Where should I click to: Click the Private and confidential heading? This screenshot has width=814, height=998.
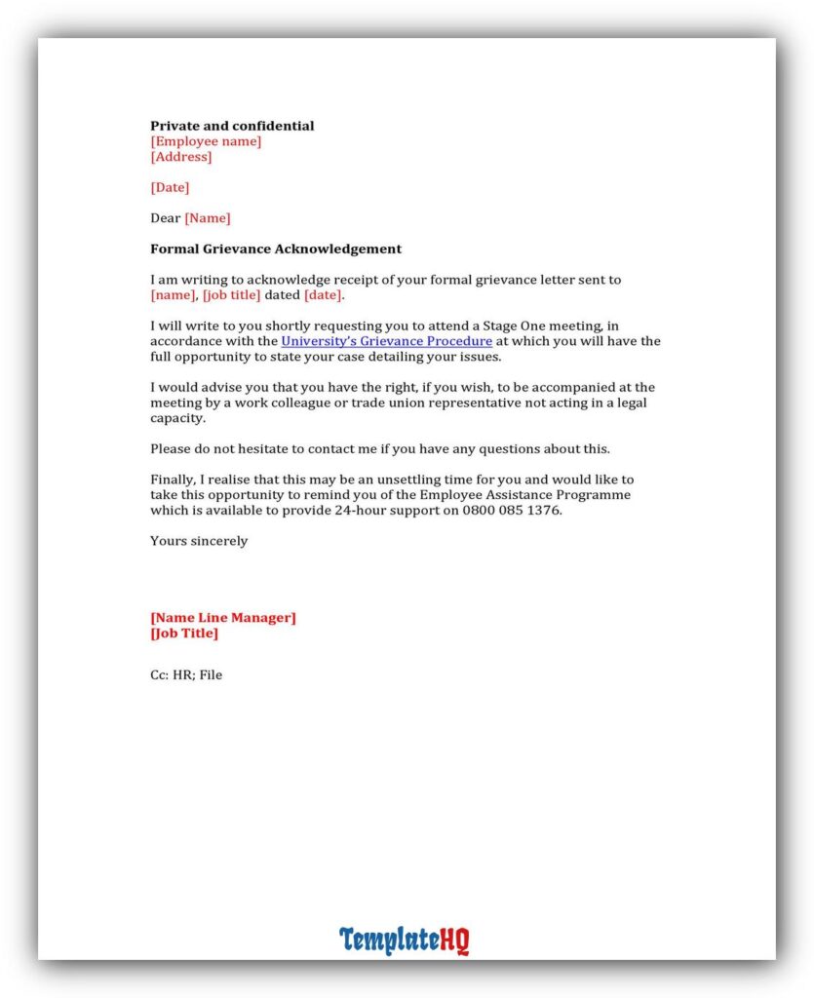point(232,126)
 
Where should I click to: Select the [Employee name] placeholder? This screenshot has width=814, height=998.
point(206,141)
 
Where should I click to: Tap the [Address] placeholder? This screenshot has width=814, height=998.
point(180,157)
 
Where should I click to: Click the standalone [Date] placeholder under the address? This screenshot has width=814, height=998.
point(170,187)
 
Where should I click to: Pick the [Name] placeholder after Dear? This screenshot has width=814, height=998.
point(208,218)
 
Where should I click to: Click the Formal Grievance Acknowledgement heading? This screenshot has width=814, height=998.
point(276,249)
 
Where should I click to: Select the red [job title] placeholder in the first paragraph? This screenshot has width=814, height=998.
point(231,295)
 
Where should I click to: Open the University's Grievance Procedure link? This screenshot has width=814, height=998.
point(386,341)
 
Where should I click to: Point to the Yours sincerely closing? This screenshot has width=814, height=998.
point(199,541)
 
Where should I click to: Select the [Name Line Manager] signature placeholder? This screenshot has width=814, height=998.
point(223,617)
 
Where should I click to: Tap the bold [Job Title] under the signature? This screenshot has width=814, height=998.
point(184,633)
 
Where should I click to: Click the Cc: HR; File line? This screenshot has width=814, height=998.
point(186,674)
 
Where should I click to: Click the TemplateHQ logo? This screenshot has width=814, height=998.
point(405,940)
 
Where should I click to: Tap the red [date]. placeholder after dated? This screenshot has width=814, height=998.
point(324,295)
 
